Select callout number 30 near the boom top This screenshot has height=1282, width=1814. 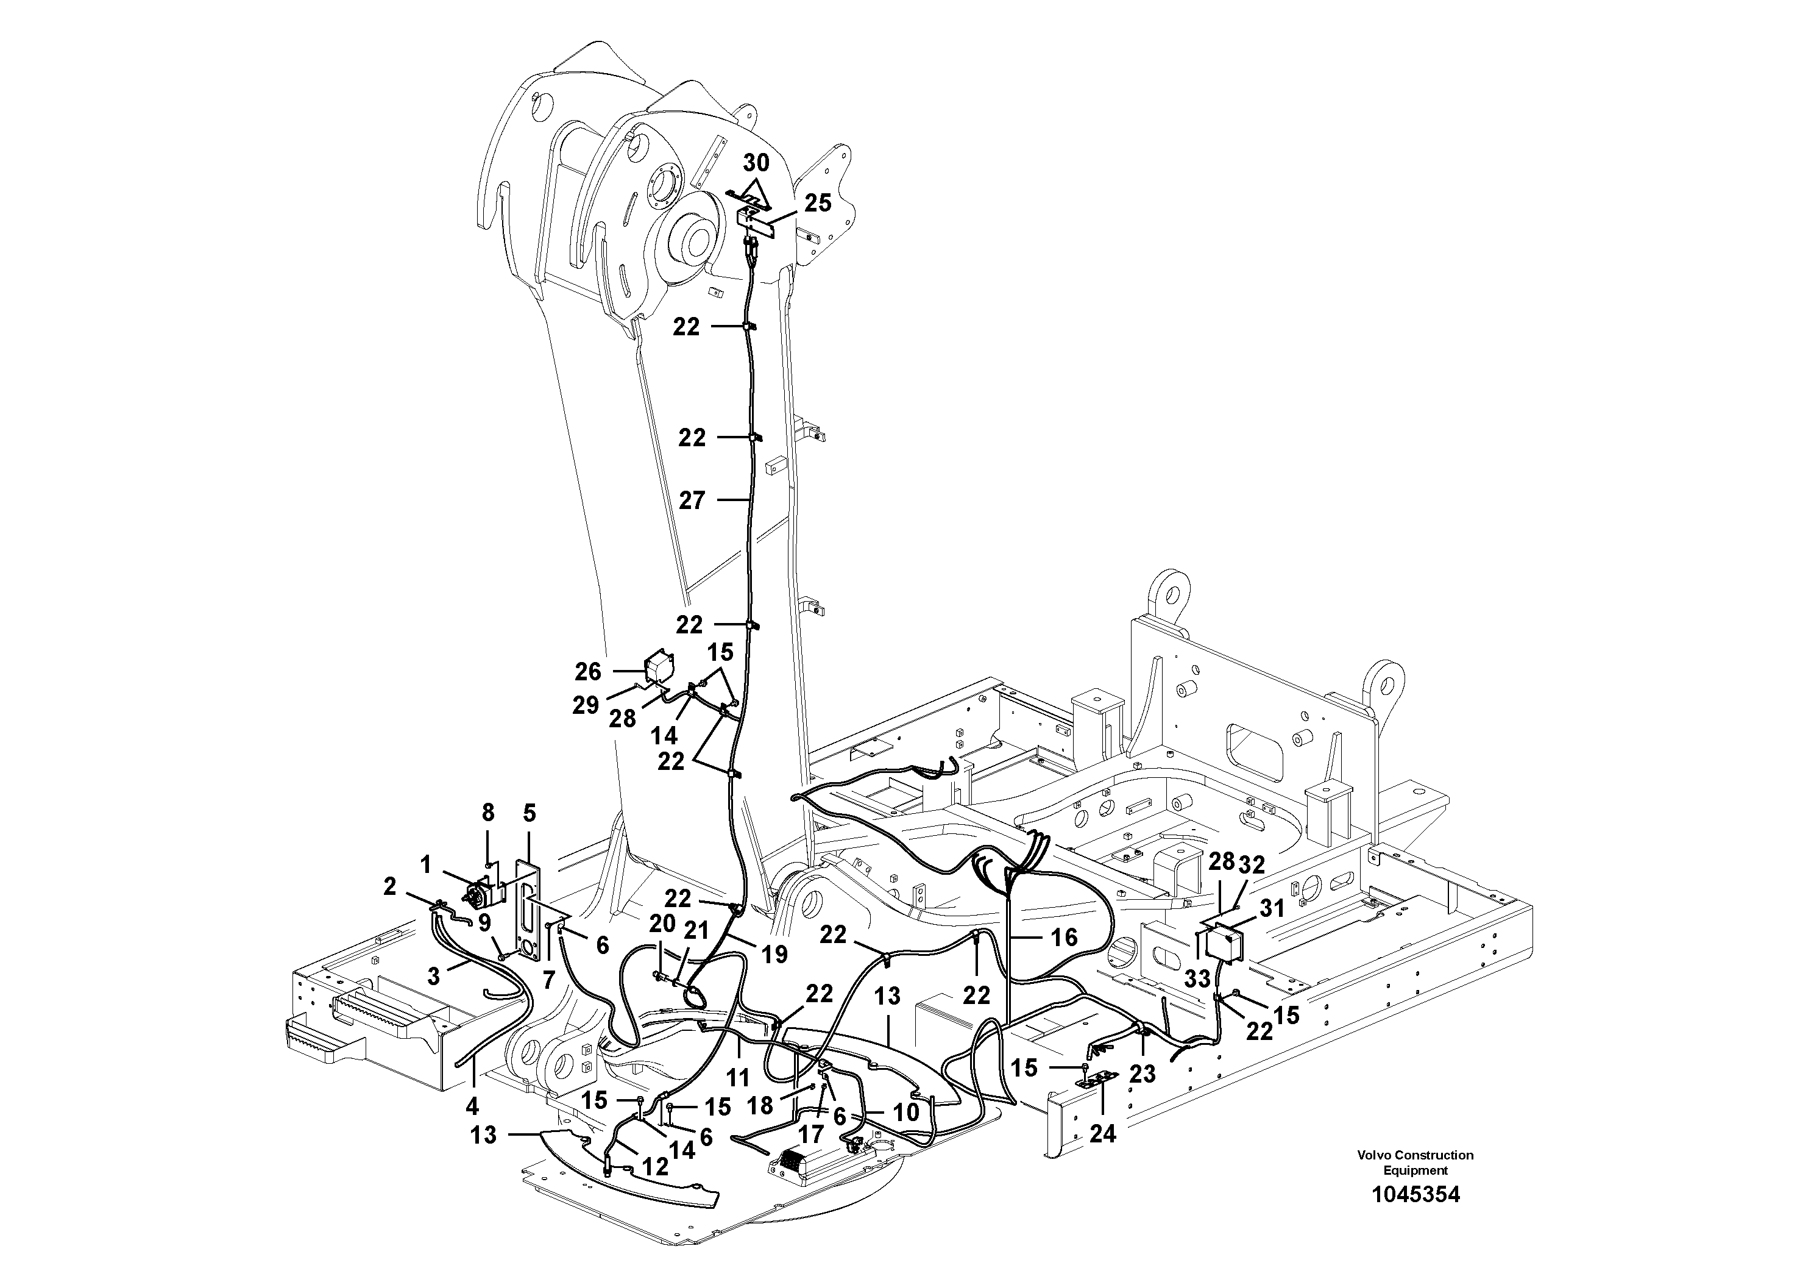tap(756, 163)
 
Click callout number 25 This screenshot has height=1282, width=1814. tap(818, 203)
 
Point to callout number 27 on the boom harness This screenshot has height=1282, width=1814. tap(692, 500)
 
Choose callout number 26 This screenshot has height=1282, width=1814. tap(588, 672)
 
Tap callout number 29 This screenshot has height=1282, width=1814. tap(586, 705)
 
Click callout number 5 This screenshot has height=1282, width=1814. tap(530, 813)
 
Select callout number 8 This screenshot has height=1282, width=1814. tap(488, 813)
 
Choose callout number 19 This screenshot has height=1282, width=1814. tap(775, 955)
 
